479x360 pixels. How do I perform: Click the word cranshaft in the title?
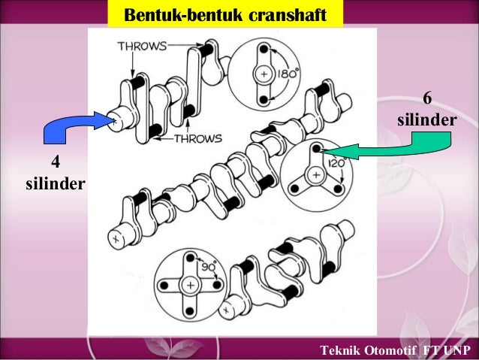click(x=287, y=15)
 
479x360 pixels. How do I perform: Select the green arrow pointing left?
click(x=390, y=150)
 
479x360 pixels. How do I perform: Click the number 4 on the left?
click(x=54, y=162)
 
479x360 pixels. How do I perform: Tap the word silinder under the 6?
click(x=427, y=121)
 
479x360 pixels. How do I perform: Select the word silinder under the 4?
click(x=54, y=183)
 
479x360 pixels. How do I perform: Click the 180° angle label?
click(x=286, y=74)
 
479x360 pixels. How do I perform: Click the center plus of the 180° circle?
click(x=264, y=74)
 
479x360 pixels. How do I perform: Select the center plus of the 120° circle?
click(x=316, y=175)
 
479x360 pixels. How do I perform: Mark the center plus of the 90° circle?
click(x=191, y=285)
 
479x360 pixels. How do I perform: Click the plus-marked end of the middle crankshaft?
click(x=115, y=238)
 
